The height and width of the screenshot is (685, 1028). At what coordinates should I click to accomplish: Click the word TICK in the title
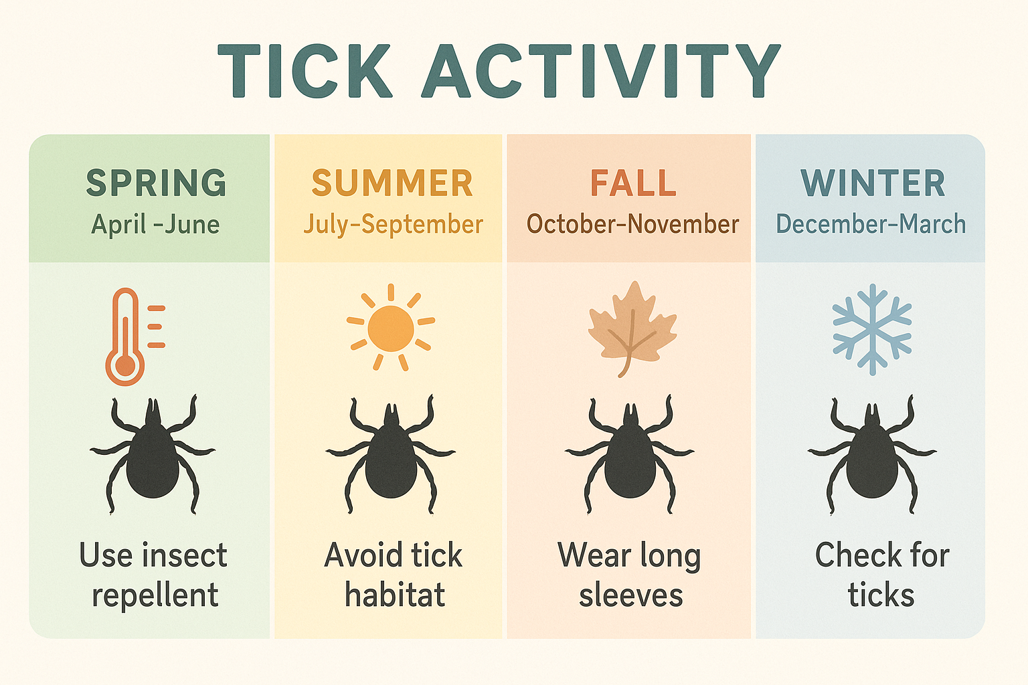pyautogui.click(x=305, y=71)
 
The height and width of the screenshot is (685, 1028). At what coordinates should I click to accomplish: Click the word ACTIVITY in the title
pyautogui.click(x=600, y=71)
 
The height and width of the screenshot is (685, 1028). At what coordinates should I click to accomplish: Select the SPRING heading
pyautogui.click(x=156, y=183)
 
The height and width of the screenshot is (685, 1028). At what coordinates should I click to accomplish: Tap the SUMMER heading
pyautogui.click(x=392, y=183)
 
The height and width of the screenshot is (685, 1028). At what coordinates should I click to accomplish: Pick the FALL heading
pyautogui.click(x=632, y=183)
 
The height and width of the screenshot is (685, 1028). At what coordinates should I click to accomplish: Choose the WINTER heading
pyautogui.click(x=873, y=183)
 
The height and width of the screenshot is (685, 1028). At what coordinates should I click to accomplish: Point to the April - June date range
pyautogui.click(x=155, y=225)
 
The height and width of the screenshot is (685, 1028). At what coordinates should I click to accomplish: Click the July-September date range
pyautogui.click(x=393, y=225)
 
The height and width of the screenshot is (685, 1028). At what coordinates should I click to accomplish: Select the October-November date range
pyautogui.click(x=632, y=225)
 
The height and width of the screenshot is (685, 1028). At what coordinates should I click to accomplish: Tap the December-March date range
pyautogui.click(x=871, y=225)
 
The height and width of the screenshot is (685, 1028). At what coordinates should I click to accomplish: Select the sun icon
pyautogui.click(x=391, y=328)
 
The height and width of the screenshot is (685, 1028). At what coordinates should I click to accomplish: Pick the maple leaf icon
pyautogui.click(x=630, y=328)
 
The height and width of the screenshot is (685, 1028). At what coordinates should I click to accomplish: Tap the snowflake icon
pyautogui.click(x=871, y=328)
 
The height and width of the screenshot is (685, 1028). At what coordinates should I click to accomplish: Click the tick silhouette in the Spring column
pyautogui.click(x=153, y=455)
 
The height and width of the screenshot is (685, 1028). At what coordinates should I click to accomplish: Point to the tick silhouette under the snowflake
pyautogui.click(x=871, y=455)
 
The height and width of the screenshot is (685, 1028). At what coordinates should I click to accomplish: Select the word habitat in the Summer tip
pyautogui.click(x=395, y=595)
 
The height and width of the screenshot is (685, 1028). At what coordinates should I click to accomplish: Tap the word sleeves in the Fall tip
pyautogui.click(x=630, y=595)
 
